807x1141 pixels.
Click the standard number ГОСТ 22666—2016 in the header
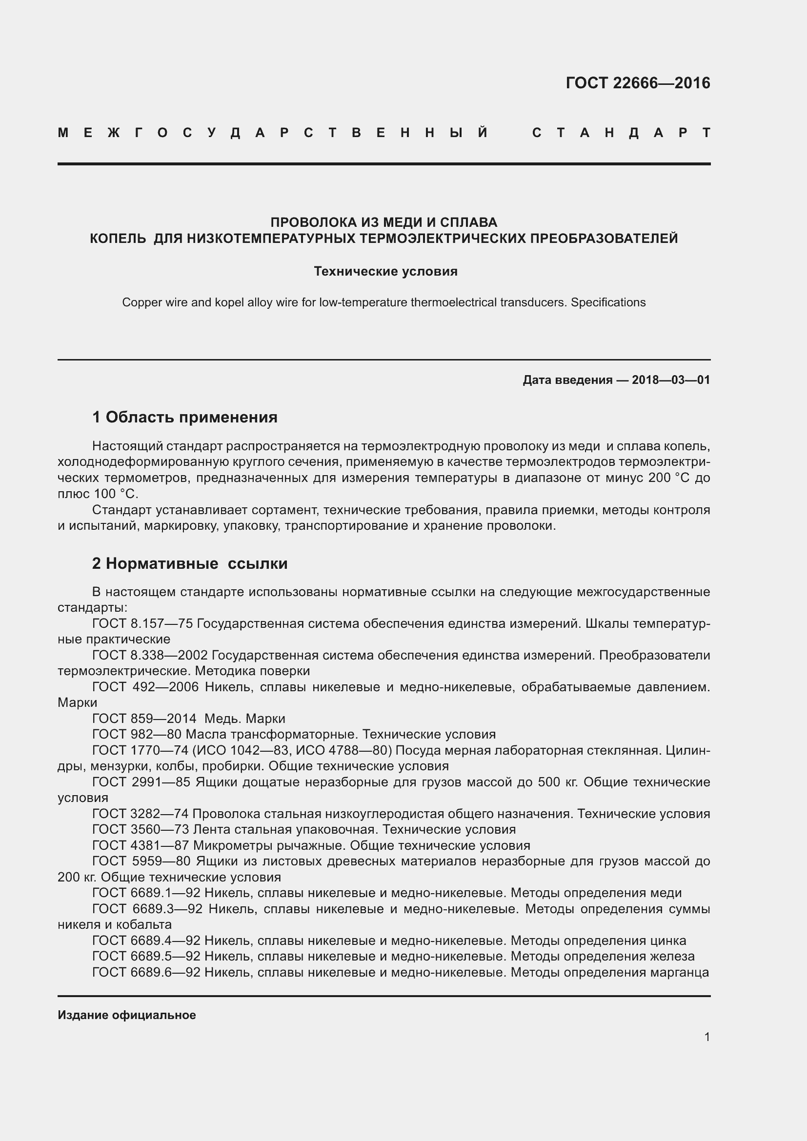click(638, 82)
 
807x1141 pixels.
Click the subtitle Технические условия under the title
click(385, 271)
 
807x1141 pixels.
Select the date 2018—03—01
click(671, 380)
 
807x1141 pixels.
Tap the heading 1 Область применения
click(184, 417)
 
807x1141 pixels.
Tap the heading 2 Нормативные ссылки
click(190, 563)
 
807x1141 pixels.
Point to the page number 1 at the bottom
click(706, 1037)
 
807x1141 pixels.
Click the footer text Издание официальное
click(127, 1015)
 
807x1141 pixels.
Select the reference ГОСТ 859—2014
click(144, 719)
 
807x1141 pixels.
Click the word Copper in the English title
click(140, 302)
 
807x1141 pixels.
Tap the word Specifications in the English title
click(608, 302)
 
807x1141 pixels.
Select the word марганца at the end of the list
click(684, 973)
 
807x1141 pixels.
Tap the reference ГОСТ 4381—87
click(141, 845)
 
